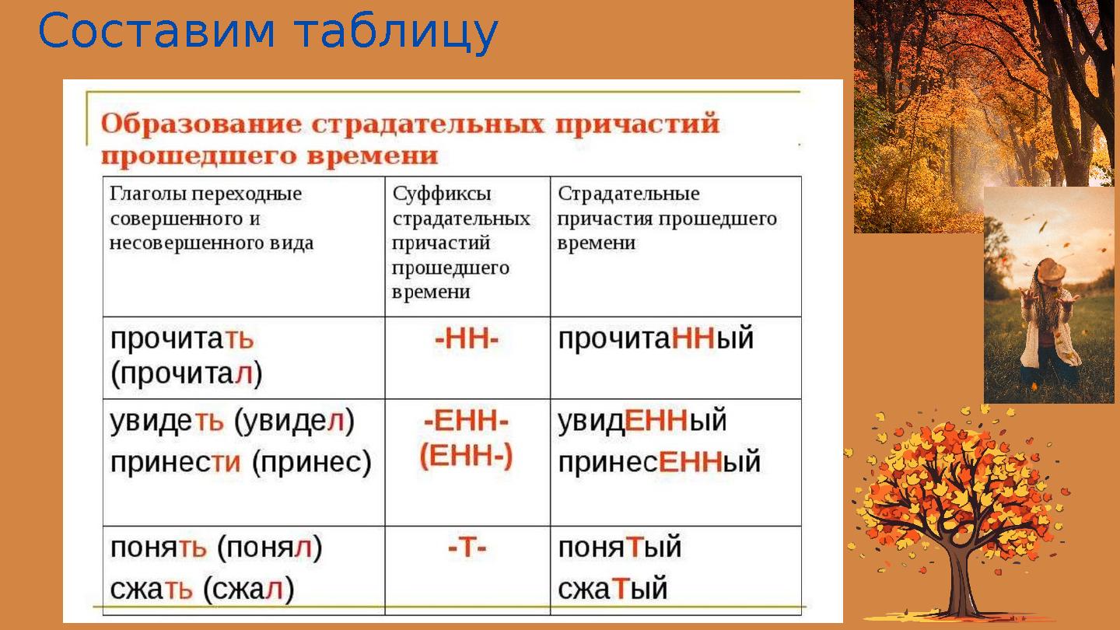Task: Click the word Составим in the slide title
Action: coord(156,31)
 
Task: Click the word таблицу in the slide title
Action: coord(396,33)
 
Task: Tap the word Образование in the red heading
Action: coord(201,124)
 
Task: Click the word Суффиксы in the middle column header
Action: coord(442,194)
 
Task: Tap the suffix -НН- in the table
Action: coord(467,340)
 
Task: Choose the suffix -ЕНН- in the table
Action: coord(467,422)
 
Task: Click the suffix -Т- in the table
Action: coord(467,548)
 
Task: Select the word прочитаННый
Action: coord(656,340)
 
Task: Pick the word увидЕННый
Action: coord(642,422)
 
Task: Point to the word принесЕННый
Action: coord(659,462)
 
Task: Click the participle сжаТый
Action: coord(613,589)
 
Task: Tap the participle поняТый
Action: coord(619,548)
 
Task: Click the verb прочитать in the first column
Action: coord(182,340)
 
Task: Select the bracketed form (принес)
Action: coord(311,463)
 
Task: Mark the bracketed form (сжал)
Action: coord(249,590)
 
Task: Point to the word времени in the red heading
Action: coord(372,156)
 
